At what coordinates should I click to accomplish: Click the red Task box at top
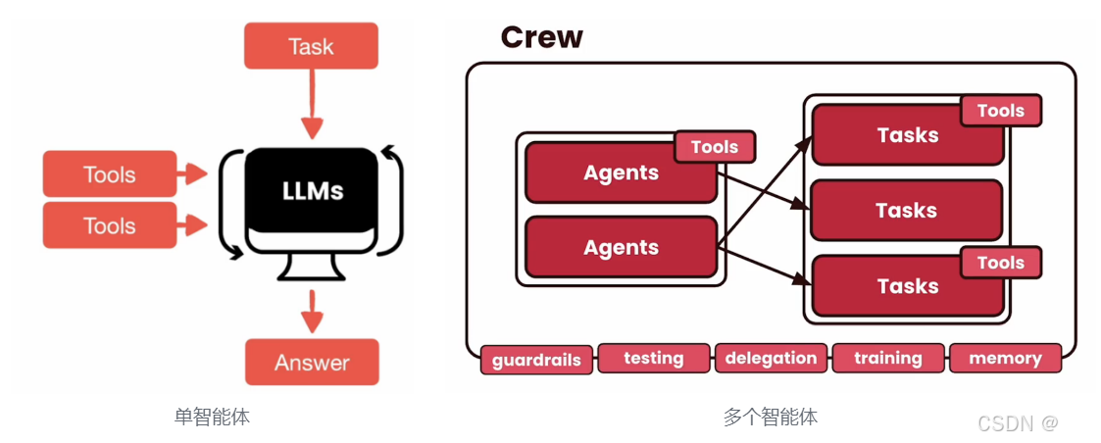(311, 46)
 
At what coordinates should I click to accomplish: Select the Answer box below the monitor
(312, 363)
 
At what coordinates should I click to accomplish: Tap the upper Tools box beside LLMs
(110, 174)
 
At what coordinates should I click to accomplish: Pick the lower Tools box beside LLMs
(110, 225)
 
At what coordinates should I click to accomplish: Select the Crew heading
(541, 37)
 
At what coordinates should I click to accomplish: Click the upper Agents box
(621, 172)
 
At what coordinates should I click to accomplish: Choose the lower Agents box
(621, 247)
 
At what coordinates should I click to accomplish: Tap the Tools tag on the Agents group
(715, 147)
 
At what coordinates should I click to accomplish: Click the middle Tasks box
(906, 210)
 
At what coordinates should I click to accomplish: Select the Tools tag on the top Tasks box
(1000, 111)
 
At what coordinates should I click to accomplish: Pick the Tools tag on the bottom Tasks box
(1000, 262)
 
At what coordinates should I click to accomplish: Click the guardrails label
(536, 360)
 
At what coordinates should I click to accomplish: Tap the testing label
(653, 358)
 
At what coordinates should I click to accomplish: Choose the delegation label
(771, 358)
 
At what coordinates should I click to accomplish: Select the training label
(887, 358)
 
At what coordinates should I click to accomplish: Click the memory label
(1005, 358)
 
